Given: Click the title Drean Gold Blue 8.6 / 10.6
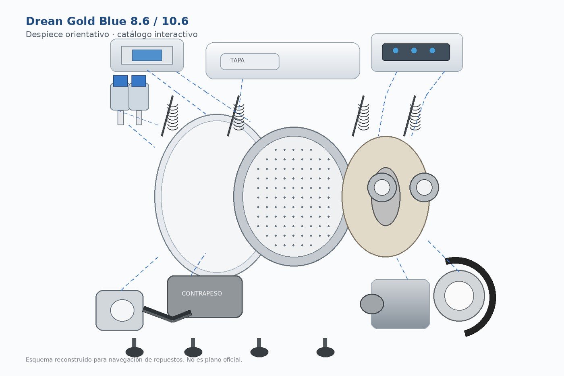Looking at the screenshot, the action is [x=107, y=21].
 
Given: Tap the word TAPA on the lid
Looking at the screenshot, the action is [x=237, y=60].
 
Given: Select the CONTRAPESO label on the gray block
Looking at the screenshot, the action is [x=202, y=293].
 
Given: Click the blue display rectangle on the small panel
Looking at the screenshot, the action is [x=147, y=55].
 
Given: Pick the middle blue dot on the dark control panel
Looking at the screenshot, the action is [x=414, y=51].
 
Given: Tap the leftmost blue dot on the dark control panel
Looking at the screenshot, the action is [x=396, y=51].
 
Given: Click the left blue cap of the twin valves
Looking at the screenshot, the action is [x=120, y=81].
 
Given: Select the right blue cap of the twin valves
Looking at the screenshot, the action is [x=139, y=81].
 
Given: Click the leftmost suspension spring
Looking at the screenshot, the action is [x=170, y=116].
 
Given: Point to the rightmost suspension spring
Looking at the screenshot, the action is [x=412, y=116].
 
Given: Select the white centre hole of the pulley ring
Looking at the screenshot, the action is [x=459, y=296].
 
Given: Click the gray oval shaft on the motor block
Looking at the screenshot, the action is [x=372, y=304].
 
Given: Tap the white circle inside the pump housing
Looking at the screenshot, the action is [x=122, y=310].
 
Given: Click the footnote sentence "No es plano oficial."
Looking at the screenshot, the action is [x=214, y=359].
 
